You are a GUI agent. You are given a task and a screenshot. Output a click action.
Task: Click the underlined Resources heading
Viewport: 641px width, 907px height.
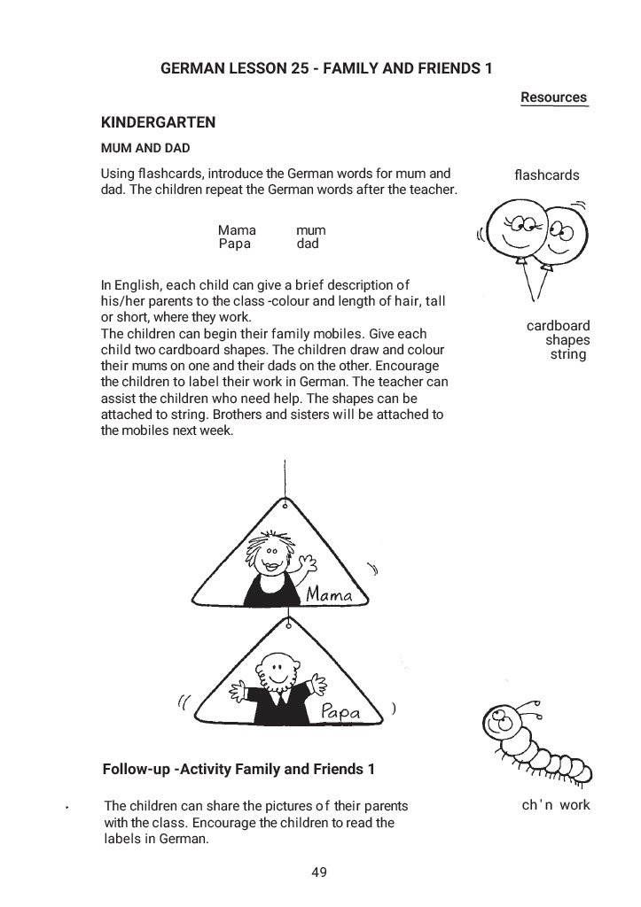point(553,97)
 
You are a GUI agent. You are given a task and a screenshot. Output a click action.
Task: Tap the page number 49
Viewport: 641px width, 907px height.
point(320,872)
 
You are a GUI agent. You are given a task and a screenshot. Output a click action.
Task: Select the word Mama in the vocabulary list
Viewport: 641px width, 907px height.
point(237,230)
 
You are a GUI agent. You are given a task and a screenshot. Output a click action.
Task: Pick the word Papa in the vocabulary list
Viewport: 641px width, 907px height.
point(235,244)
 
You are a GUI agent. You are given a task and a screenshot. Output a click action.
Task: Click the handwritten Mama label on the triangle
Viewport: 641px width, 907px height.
point(329,594)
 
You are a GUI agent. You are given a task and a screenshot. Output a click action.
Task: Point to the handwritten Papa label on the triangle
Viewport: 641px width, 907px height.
point(339,709)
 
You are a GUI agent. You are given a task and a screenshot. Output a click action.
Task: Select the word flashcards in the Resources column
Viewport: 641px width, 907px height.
point(546,175)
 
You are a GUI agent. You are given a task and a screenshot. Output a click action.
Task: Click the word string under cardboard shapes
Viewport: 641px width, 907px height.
point(568,354)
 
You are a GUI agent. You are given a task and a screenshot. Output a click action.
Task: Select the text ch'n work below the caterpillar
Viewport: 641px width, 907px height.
point(556,805)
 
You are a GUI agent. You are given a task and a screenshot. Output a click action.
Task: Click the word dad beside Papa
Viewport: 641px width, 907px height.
point(307,244)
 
